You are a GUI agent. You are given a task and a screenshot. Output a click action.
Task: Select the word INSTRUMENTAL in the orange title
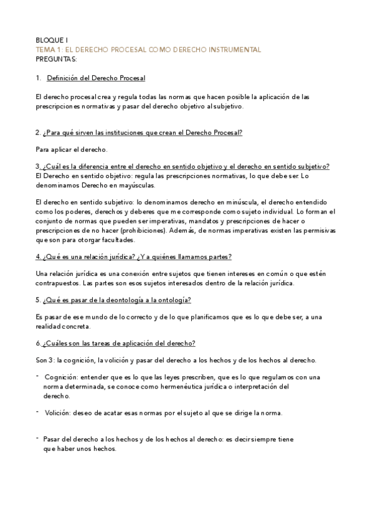[232, 49]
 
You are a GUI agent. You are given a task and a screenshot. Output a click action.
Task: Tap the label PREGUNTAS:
[56, 59]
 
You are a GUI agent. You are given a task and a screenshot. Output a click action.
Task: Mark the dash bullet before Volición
[39, 411]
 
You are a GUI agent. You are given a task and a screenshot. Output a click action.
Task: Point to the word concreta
[77, 326]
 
